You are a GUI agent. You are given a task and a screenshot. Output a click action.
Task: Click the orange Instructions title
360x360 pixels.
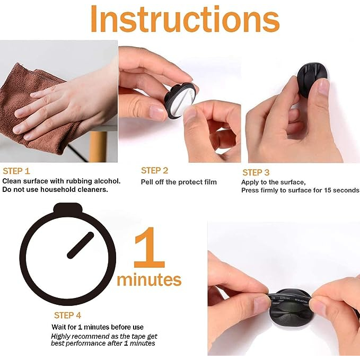185,19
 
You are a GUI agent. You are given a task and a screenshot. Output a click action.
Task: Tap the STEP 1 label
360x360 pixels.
16,171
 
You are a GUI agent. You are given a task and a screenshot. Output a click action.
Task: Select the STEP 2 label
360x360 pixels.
154,171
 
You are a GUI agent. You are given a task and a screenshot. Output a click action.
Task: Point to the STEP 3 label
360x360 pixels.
256,172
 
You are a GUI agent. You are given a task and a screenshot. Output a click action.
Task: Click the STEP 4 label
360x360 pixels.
67,315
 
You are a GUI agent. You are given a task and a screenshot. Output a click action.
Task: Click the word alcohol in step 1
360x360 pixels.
107,181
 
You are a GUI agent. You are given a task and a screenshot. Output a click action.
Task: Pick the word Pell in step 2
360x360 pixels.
147,182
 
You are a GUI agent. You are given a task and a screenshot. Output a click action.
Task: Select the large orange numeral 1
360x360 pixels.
150,248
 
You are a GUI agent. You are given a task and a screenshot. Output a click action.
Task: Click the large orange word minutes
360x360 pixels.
149,279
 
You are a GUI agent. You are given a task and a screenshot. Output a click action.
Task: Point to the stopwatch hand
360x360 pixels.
81,245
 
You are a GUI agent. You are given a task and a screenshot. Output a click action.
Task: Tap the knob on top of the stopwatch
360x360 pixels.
68,208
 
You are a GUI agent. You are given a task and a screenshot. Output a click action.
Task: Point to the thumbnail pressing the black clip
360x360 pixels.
323,87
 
